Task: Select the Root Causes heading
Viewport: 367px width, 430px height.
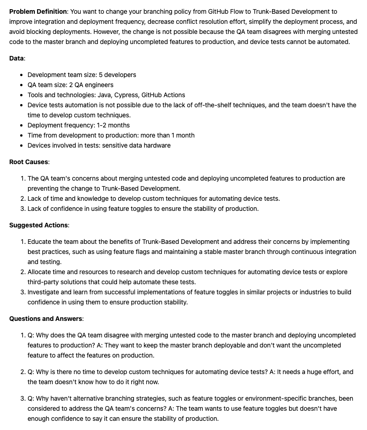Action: point(29,162)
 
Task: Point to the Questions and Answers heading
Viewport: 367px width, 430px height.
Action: point(46,319)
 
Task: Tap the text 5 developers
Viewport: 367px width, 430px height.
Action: point(117,75)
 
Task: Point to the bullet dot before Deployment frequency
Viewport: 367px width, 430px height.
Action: point(22,125)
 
